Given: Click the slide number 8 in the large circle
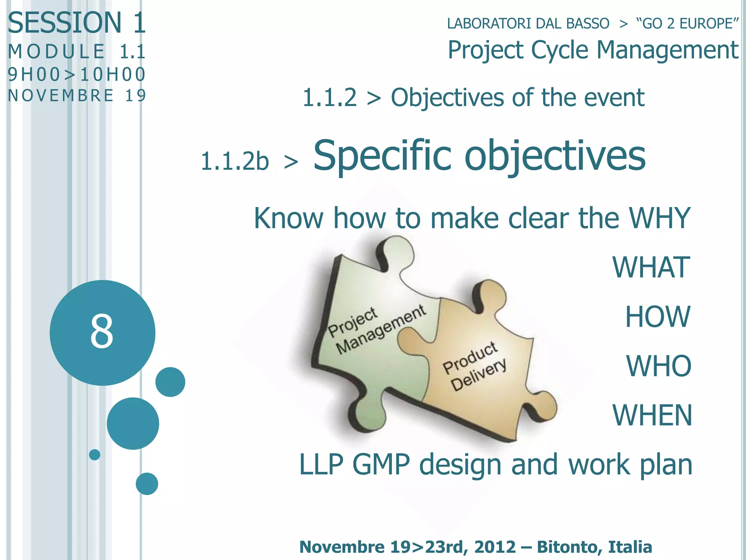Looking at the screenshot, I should [x=102, y=331].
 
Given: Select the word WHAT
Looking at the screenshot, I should [x=651, y=267].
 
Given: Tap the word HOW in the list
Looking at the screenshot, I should [x=657, y=316].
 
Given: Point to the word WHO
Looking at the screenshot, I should [x=658, y=366].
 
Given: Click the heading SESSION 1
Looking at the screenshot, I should [x=76, y=23].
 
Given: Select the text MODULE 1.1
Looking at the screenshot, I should [x=76, y=51].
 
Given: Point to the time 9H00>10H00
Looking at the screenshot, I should [x=76, y=74].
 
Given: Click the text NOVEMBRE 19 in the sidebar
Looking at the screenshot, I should [x=76, y=96].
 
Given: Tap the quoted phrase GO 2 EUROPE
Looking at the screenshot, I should [x=687, y=24].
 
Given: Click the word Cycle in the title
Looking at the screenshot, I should [x=559, y=50].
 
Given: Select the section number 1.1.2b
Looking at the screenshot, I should [x=235, y=161].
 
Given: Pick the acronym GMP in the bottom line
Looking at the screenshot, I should [x=381, y=464].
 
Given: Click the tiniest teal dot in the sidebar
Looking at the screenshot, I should [x=94, y=455].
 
